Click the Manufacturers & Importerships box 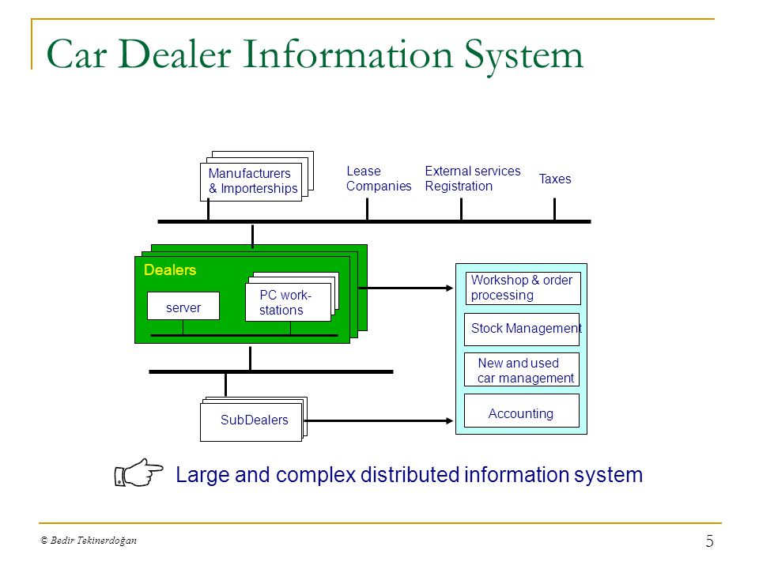251,182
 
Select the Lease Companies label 379,179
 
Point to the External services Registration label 473,179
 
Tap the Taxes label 555,179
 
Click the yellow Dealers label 170,269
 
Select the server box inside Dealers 183,306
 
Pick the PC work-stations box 288,303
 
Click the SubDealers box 251,420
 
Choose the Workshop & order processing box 523,288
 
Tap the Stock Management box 522,329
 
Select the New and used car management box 522,370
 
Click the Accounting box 522,411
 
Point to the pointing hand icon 138,473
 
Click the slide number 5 710,541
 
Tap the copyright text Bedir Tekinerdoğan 89,541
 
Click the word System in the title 523,55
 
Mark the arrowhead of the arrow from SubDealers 450,421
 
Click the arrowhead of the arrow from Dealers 450,288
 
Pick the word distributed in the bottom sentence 410,475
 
